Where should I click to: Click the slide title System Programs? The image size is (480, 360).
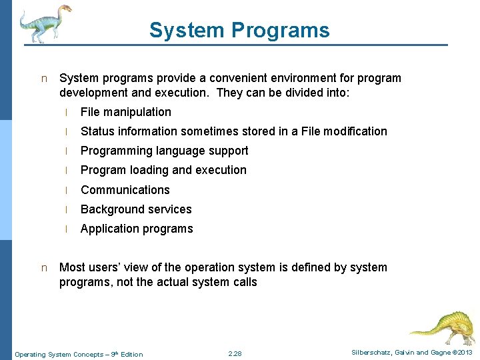pyautogui.click(x=239, y=30)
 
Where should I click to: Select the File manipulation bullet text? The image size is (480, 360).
pyautogui.click(x=125, y=112)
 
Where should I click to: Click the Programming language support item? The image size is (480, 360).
pyautogui.click(x=164, y=151)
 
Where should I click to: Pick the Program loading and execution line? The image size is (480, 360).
pyautogui.click(x=163, y=170)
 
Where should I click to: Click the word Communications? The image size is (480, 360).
pyautogui.click(x=125, y=190)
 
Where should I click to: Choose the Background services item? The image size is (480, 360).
pyautogui.click(x=136, y=209)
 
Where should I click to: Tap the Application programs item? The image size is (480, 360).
pyautogui.click(x=137, y=229)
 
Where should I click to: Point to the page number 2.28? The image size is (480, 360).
pyautogui.click(x=235, y=353)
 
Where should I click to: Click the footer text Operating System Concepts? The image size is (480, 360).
pyautogui.click(x=59, y=354)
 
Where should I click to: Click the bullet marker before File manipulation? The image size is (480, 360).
pyautogui.click(x=67, y=113)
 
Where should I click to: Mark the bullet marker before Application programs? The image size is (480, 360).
pyautogui.click(x=67, y=229)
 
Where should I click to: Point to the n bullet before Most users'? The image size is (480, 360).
pyautogui.click(x=44, y=268)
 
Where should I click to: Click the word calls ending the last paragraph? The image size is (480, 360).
pyautogui.click(x=242, y=282)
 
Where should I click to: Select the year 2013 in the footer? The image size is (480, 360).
pyautogui.click(x=464, y=353)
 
